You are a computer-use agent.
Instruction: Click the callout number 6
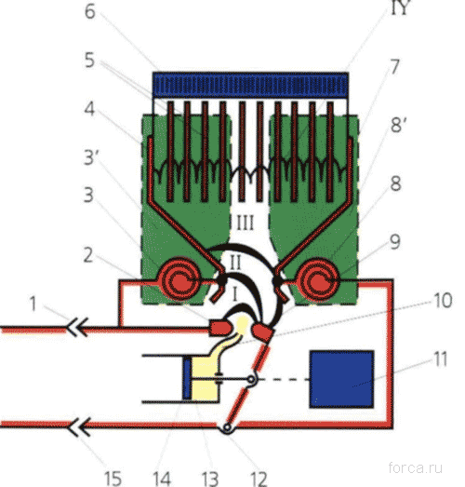90,12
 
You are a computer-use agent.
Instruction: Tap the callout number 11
440,359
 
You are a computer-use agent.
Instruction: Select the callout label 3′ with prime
91,157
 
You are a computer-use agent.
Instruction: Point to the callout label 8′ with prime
398,125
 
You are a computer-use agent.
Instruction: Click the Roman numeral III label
246,223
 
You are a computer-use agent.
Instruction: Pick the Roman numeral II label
235,263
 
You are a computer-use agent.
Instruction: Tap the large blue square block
341,379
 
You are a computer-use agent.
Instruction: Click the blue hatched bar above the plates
250,85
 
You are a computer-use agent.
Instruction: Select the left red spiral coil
179,279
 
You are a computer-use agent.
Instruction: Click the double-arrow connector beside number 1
77,327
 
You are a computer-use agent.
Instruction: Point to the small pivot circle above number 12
227,428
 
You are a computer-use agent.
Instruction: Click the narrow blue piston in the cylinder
187,379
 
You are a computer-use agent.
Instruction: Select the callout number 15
112,479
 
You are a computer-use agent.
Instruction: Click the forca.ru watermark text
416,467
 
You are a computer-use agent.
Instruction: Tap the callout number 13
209,479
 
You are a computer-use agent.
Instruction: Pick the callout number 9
394,241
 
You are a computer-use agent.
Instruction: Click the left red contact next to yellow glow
219,328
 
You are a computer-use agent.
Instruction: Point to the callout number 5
89,61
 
